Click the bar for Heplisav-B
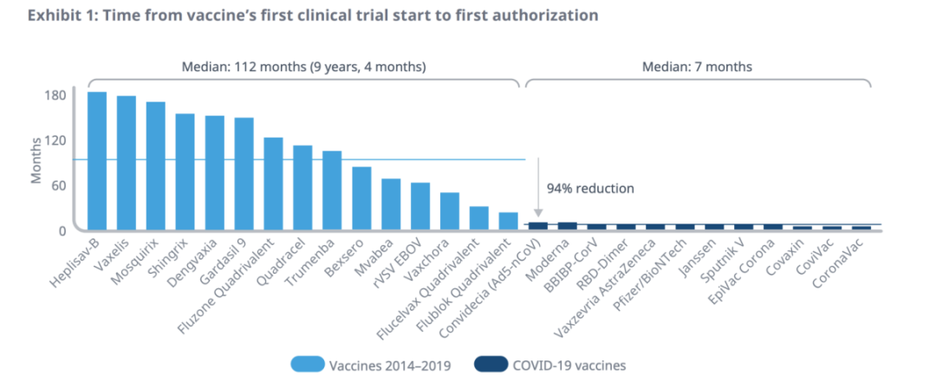(x=97, y=161)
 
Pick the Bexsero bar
(x=361, y=198)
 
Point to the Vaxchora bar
(x=449, y=211)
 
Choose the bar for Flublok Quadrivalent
(x=508, y=221)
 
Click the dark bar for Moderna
(x=567, y=226)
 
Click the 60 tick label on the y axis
(x=59, y=185)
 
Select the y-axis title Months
(x=36, y=162)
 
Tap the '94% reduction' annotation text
(x=589, y=188)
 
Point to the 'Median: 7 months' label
(x=697, y=66)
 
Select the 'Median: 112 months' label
(x=303, y=66)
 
